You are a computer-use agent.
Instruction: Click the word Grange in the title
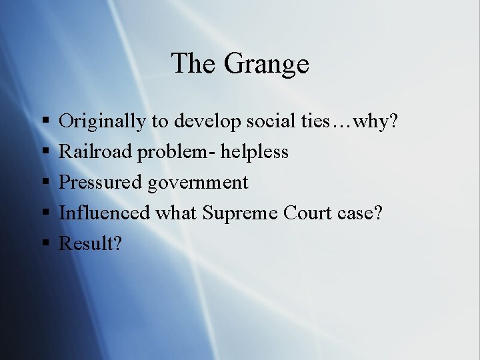(267, 65)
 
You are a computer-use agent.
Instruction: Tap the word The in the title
(194, 64)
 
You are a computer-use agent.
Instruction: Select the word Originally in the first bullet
(102, 121)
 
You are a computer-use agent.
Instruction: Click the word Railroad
(96, 152)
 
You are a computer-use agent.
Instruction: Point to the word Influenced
(105, 213)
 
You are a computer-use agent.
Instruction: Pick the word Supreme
(240, 213)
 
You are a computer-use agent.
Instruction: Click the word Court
(307, 213)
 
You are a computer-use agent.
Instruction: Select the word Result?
(91, 244)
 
